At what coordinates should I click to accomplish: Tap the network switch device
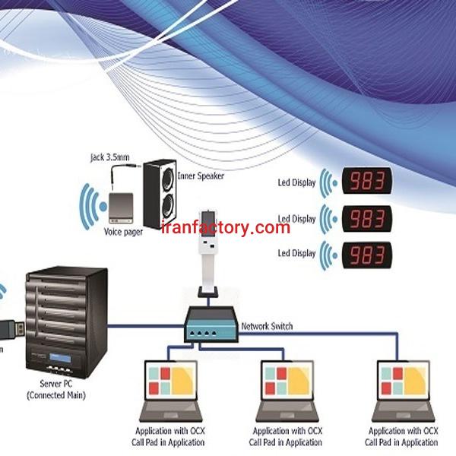[x=211, y=325]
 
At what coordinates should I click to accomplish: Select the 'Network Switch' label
[x=266, y=327]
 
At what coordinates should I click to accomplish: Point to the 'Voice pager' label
[x=124, y=230]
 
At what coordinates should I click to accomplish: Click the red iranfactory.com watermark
[x=226, y=227]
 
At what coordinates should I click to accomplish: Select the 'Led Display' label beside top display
[x=296, y=183]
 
